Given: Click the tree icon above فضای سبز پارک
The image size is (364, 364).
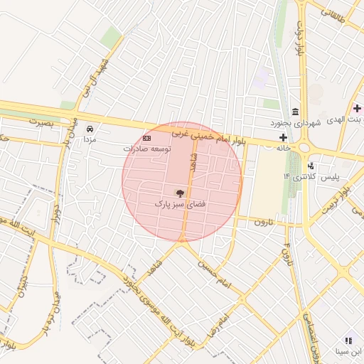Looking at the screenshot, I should point(180,192).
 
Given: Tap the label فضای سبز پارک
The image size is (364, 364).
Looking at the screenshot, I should point(180,204).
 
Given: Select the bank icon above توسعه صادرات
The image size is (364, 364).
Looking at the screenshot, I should point(147,137).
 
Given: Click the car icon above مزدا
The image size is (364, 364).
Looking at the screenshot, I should point(90,129).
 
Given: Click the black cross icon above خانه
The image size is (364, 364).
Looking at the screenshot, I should point(284,137).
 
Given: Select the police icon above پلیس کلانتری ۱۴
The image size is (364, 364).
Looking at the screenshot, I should point(311,166).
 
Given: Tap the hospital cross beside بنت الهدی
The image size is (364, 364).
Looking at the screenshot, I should point(358,109).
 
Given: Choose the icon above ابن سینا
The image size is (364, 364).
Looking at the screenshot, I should point(348,341).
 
